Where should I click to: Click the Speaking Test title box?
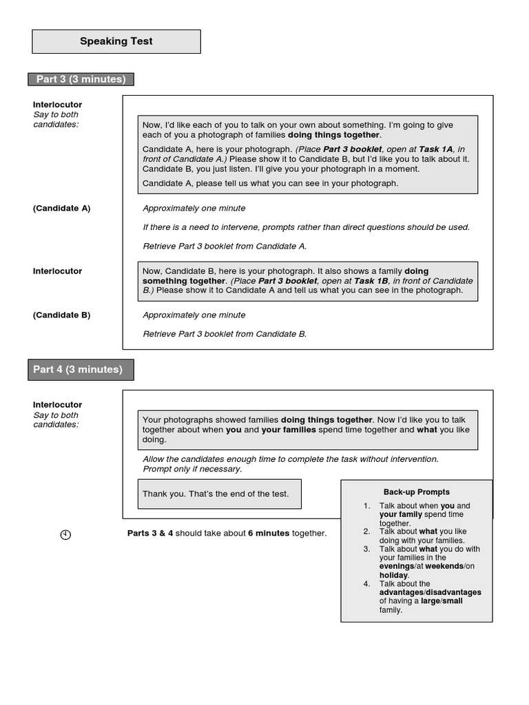[x=116, y=41]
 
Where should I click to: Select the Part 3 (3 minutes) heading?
[x=81, y=79]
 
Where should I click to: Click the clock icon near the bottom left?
[x=65, y=534]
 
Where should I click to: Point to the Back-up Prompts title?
[x=416, y=492]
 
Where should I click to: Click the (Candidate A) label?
[x=62, y=208]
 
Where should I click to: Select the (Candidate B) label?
[x=62, y=315]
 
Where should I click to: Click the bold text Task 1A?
[x=435, y=149]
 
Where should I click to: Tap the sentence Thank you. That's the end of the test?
[x=216, y=494]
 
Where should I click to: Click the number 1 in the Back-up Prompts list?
[x=367, y=506]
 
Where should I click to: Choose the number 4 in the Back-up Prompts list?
[x=367, y=584]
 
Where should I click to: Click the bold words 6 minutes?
[x=269, y=533]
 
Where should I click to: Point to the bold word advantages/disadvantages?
[x=430, y=593]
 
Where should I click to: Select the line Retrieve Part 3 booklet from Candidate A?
[x=225, y=246]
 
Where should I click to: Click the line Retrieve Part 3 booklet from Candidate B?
[x=225, y=334]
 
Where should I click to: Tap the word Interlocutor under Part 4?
[x=58, y=405]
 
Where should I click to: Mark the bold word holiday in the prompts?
[x=394, y=575]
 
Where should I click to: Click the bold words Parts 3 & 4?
[x=150, y=533]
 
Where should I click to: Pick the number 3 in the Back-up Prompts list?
[x=367, y=549]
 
